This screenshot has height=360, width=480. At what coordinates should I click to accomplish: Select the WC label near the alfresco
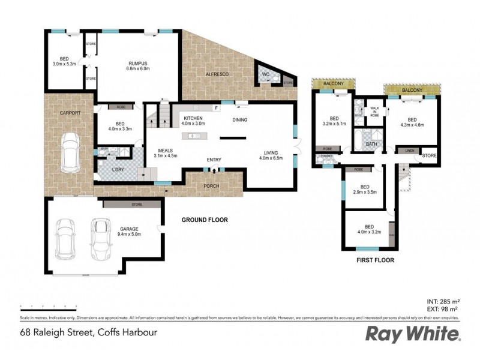(x=264, y=74)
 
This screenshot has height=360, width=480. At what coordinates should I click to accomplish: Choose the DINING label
(x=239, y=120)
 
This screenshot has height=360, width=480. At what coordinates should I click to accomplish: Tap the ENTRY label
(x=214, y=160)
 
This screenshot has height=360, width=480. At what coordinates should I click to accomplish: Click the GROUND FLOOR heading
(x=205, y=220)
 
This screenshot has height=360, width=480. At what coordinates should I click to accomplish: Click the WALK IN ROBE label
(x=374, y=111)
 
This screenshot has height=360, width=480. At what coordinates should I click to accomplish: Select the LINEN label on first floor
(x=409, y=151)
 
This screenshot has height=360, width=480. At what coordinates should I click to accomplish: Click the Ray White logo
(x=413, y=333)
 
